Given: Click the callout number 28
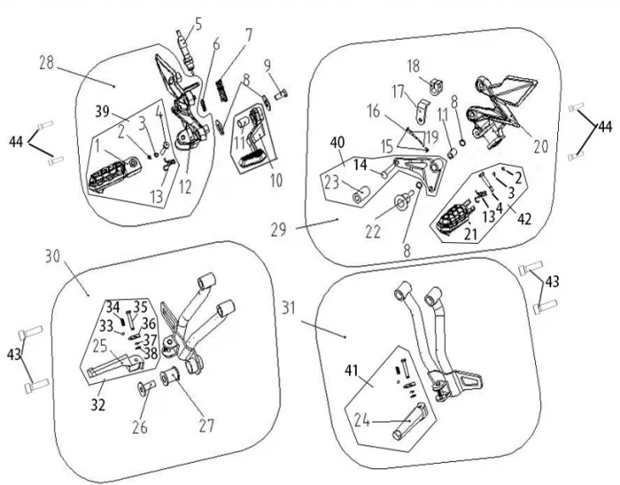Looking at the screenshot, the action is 47,63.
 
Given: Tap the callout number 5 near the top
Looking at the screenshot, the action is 198,24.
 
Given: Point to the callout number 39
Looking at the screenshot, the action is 102,112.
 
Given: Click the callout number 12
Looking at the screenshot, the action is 185,186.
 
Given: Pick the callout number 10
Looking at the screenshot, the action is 276,180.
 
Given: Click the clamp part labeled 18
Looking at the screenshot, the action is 436,86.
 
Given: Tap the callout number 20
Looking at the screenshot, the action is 541,146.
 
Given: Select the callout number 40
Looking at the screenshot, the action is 337,143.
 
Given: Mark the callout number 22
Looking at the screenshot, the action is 373,231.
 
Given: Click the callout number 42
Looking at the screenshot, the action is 524,218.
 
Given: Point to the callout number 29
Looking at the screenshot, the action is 279,230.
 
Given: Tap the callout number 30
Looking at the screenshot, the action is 52,255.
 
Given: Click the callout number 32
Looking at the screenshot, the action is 98,405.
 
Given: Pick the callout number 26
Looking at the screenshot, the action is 140,427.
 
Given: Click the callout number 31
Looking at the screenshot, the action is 289,307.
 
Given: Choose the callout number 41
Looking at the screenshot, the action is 352,371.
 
